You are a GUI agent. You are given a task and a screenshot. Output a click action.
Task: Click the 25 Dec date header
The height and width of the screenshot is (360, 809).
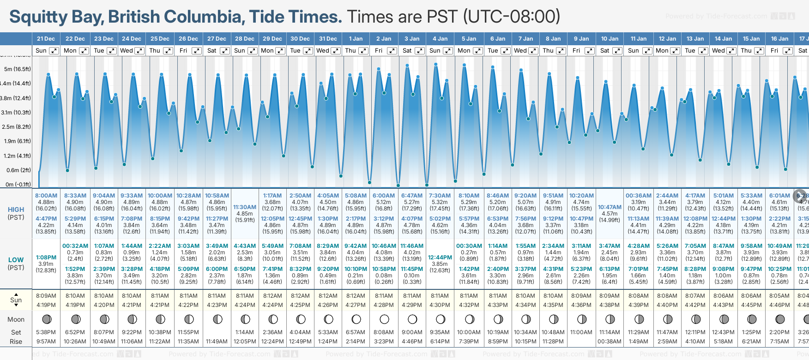(160, 39)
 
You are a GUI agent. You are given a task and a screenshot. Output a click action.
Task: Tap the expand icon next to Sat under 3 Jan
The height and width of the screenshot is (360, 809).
(420, 51)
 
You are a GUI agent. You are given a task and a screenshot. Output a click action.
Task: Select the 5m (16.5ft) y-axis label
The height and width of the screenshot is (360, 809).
(18, 69)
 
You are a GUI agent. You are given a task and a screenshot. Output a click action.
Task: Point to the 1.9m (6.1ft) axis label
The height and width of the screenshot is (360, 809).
(18, 141)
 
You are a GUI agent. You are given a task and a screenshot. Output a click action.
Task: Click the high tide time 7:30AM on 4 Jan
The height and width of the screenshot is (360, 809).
(440, 196)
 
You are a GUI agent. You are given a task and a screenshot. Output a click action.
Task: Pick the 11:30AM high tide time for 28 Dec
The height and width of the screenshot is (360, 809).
(245, 207)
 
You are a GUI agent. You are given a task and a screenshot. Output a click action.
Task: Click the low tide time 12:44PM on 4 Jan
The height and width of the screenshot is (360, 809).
(440, 258)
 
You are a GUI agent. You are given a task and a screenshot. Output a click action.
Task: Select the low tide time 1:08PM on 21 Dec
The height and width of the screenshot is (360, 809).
(46, 258)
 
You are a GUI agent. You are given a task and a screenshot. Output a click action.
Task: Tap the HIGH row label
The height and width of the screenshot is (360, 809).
(16, 210)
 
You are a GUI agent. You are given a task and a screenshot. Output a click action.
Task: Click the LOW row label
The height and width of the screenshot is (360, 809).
(16, 260)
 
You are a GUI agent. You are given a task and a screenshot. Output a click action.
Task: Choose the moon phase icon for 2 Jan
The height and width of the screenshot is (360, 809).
(384, 319)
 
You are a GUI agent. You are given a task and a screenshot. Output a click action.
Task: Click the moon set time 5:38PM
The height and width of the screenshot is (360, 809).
(46, 332)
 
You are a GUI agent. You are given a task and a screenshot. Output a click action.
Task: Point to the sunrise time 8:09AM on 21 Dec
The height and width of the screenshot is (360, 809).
(46, 296)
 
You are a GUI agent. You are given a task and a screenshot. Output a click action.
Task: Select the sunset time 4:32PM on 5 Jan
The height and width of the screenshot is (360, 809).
(469, 305)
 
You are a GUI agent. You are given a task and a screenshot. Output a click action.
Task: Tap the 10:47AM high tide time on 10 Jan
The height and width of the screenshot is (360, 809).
(610, 207)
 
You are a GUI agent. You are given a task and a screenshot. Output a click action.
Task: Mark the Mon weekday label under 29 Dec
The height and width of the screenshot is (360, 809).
(267, 51)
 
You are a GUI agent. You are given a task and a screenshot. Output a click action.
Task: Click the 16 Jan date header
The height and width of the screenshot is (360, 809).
(779, 39)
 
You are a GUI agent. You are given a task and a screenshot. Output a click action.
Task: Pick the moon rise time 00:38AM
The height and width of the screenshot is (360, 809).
(610, 342)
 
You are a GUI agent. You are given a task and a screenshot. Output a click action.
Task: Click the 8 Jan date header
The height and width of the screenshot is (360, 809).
(554, 39)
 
